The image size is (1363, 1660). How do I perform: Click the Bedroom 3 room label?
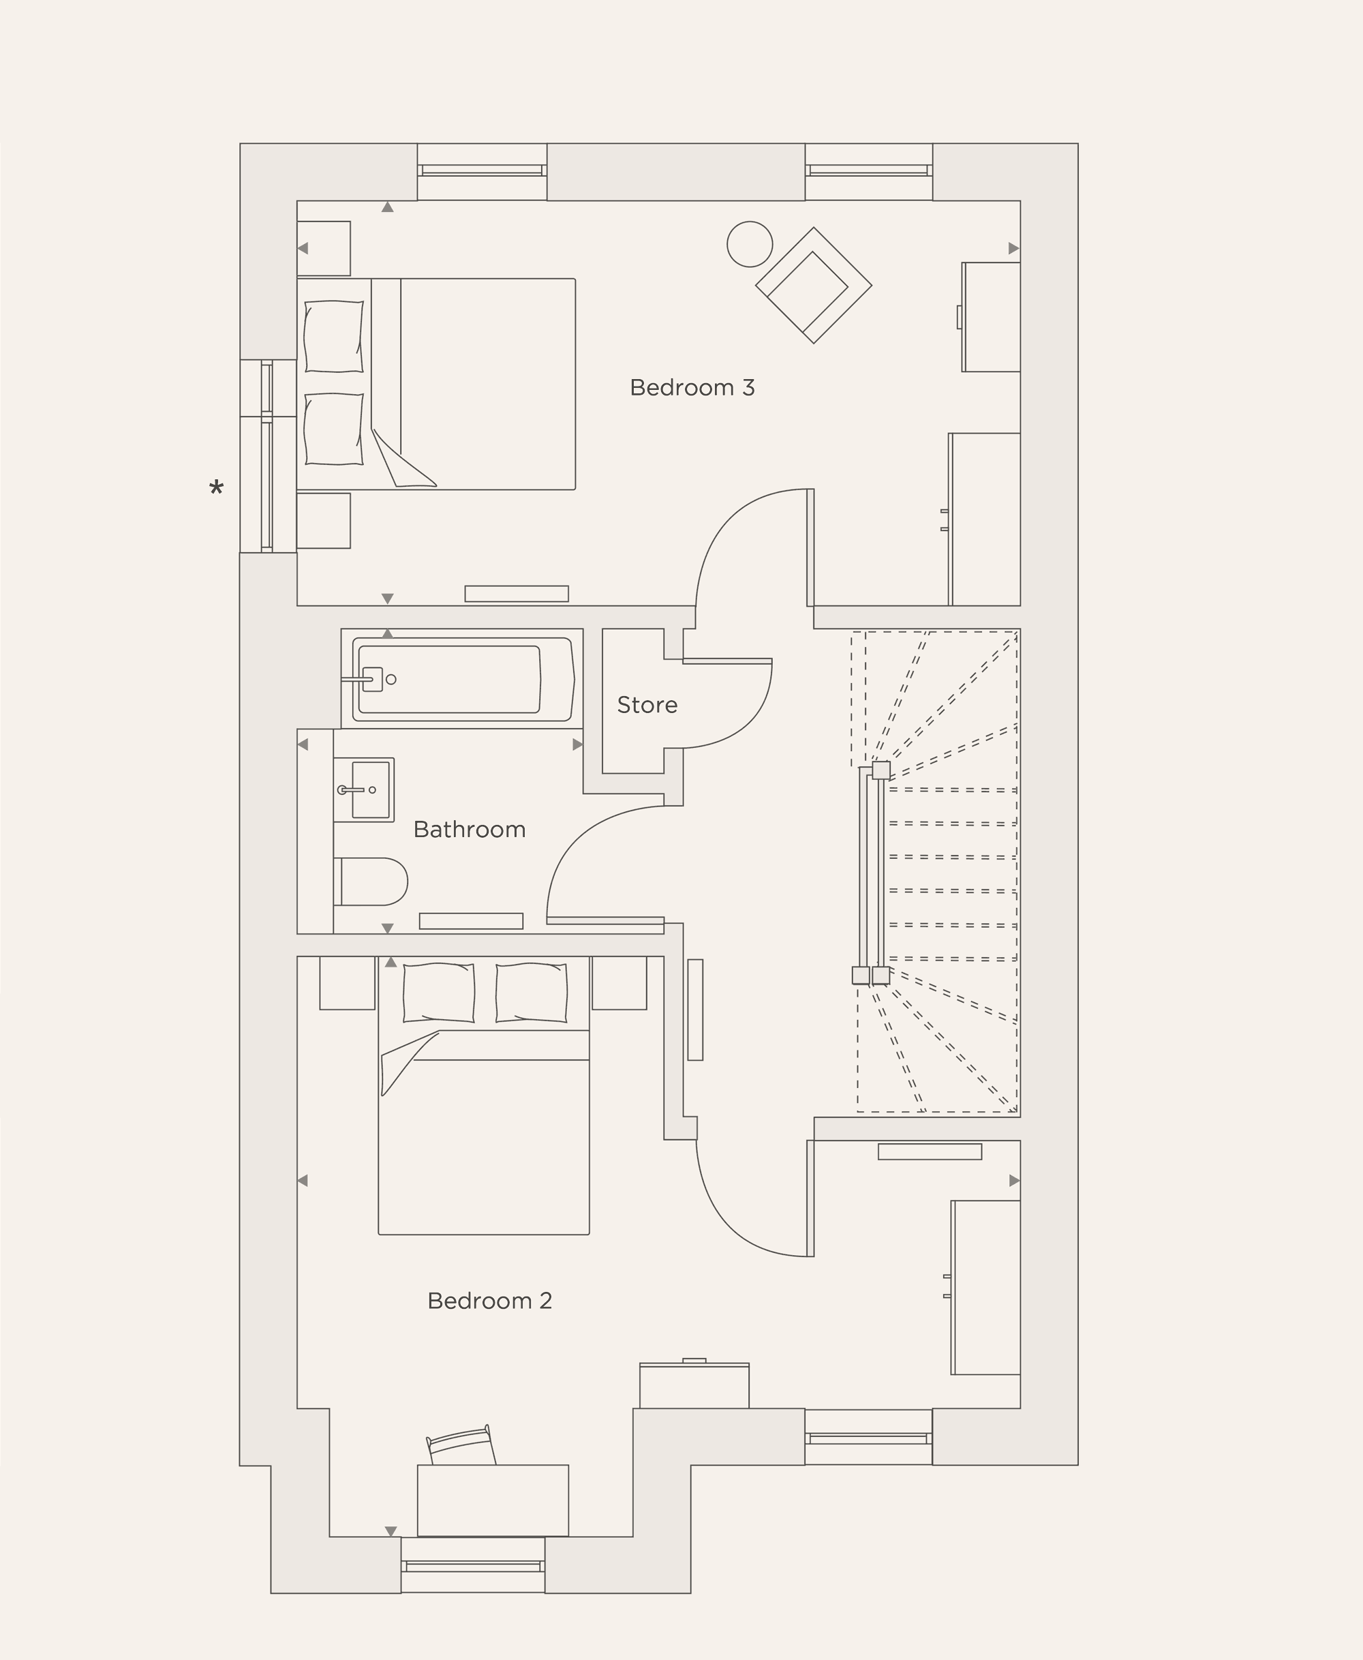click(x=692, y=387)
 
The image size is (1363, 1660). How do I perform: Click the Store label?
click(x=647, y=704)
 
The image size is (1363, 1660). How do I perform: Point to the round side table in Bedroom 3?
click(x=749, y=244)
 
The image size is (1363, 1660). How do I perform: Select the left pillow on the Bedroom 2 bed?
click(x=438, y=993)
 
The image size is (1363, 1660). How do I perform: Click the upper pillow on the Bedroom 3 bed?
click(x=334, y=336)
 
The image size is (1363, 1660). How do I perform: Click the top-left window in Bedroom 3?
click(x=481, y=170)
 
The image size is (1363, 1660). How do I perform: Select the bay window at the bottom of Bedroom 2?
click(x=473, y=1566)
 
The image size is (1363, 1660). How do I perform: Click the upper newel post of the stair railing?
click(x=881, y=770)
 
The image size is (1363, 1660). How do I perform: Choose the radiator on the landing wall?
click(x=695, y=1010)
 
